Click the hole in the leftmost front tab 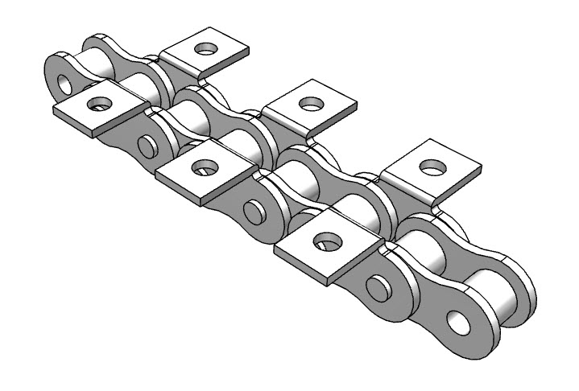click(100, 103)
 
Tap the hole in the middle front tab click(203, 167)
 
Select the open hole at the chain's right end click(462, 323)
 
